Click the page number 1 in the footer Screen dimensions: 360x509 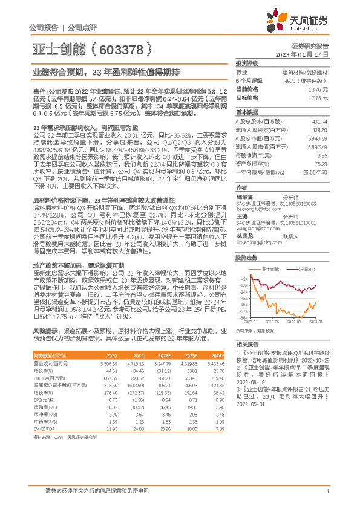pos(327,491)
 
